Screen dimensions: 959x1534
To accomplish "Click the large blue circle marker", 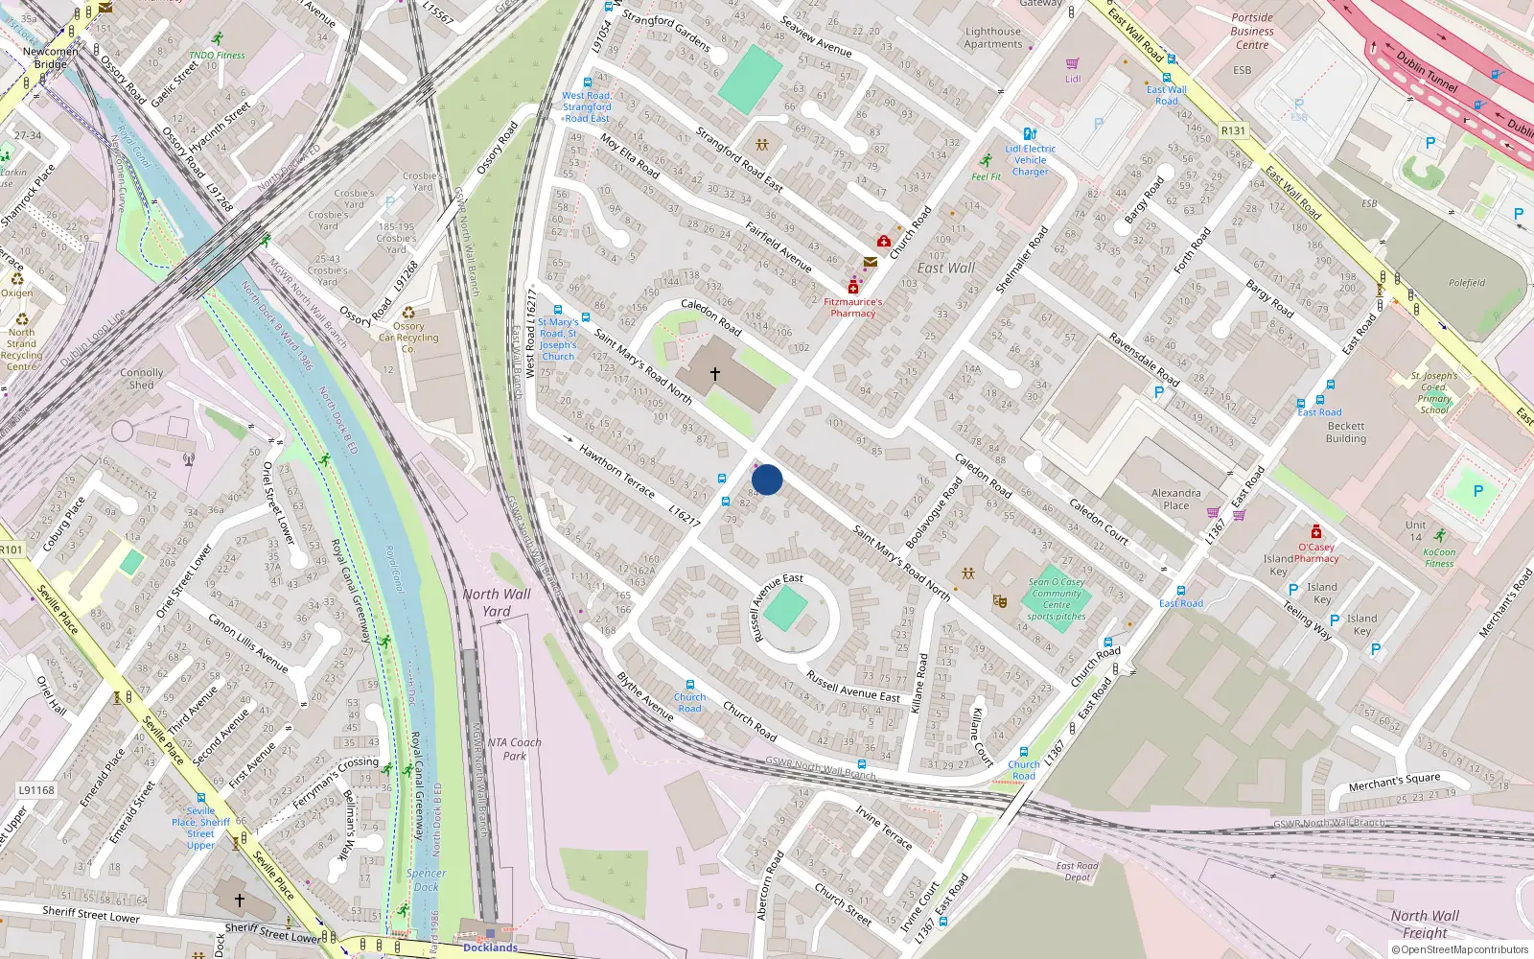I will (767, 479).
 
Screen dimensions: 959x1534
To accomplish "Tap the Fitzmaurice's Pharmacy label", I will (853, 307).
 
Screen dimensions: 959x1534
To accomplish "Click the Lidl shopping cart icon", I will (1073, 64).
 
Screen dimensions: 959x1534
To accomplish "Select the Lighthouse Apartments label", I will (993, 38).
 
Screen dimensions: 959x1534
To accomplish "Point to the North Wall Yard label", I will (497, 602).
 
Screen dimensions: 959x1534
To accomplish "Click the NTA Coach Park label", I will (514, 749).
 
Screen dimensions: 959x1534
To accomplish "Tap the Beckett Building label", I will (1346, 433).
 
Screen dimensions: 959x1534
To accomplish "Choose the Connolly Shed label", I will (142, 379).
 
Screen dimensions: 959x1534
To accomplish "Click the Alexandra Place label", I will (1175, 499).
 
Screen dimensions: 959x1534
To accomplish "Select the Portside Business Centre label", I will (1252, 32).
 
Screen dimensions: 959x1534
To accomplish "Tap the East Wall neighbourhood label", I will (945, 269).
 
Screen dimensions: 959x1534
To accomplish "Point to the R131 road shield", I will (1234, 131).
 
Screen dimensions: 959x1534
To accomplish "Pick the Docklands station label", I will (490, 947).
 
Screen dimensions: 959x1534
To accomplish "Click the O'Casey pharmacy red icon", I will (1316, 531).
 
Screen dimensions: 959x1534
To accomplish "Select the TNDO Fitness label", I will (217, 55).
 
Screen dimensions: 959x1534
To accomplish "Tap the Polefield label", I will (1467, 283).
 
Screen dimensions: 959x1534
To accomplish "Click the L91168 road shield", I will (36, 790).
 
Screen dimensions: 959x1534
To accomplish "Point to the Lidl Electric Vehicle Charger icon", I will (1030, 134).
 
